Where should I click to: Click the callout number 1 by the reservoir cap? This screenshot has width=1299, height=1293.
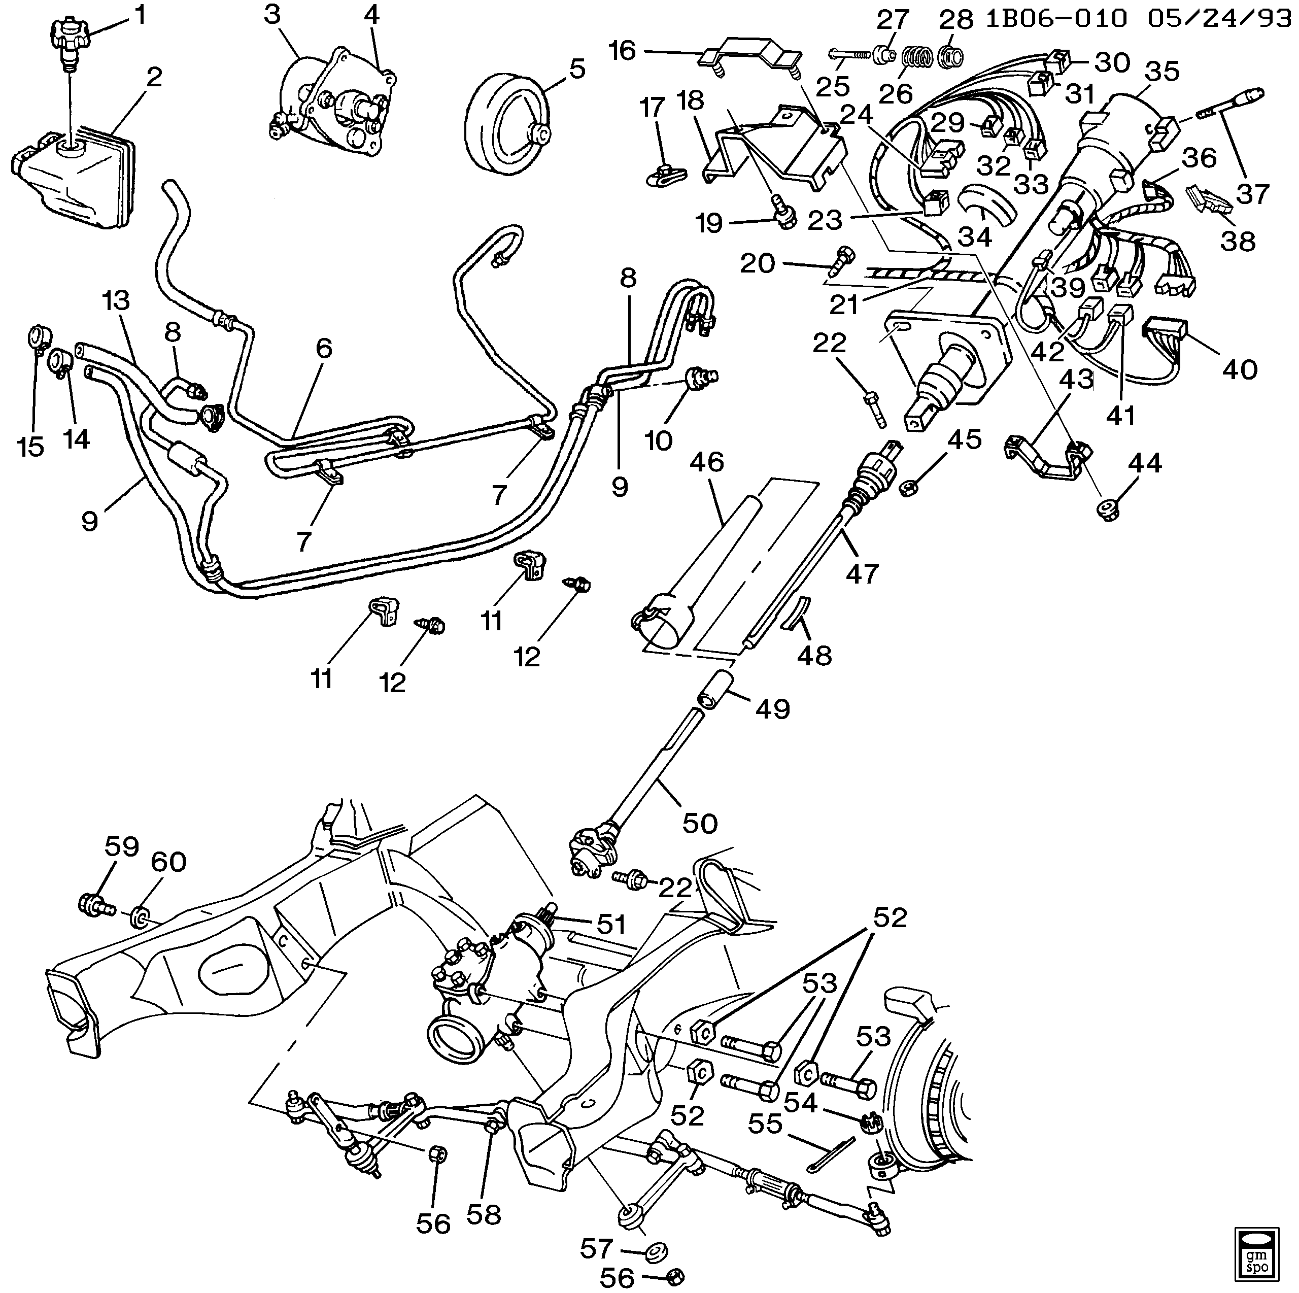(140, 15)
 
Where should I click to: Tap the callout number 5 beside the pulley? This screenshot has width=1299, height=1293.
(577, 69)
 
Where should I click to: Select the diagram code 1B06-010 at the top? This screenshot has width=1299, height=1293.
(1055, 18)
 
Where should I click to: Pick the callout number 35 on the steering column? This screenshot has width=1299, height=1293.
(1163, 71)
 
